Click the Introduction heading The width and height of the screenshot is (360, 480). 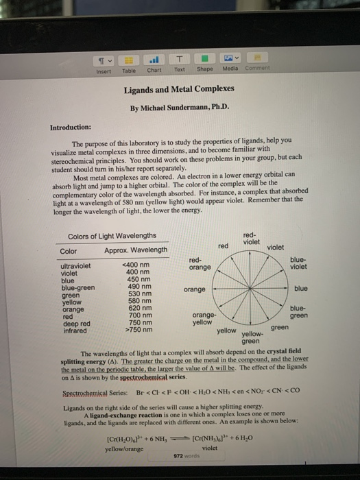[71, 127]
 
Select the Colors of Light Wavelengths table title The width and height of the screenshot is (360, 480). [112, 237]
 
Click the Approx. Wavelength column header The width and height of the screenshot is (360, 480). [136, 250]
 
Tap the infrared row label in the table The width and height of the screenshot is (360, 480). [72, 330]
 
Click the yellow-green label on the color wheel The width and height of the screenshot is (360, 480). [251, 337]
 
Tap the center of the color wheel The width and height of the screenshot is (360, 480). [252, 289]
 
